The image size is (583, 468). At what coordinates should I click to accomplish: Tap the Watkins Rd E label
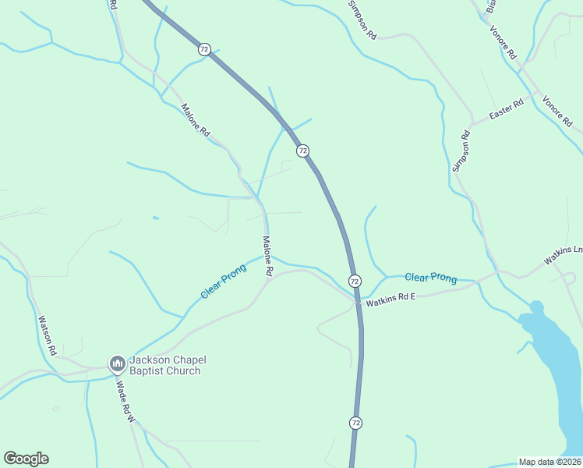393,296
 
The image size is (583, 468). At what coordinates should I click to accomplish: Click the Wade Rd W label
125,401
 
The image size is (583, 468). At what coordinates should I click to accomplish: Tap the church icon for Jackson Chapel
117,363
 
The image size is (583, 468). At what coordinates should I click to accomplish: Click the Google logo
26,459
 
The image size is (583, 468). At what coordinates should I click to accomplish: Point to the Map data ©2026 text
550,462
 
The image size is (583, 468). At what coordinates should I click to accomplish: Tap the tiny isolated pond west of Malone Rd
156,218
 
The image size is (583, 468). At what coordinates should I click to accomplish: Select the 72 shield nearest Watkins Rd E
355,281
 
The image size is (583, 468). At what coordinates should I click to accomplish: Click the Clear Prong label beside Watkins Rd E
430,277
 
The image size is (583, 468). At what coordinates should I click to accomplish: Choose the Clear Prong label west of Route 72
223,281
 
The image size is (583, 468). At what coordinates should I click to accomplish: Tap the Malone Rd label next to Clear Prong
267,256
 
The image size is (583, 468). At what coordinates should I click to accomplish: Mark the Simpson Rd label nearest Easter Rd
462,156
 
